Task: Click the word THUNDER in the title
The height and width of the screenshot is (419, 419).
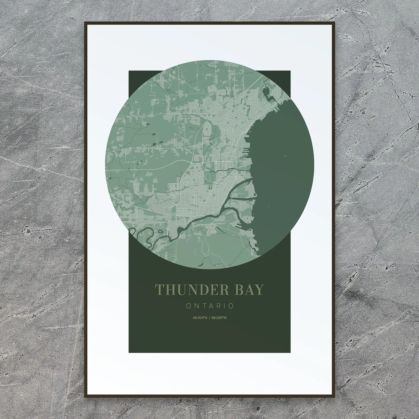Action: (x=192, y=290)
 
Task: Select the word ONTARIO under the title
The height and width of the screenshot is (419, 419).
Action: (x=210, y=306)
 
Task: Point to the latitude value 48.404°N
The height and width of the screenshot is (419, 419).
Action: (x=200, y=318)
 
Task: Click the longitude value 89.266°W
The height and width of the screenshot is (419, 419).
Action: (x=219, y=318)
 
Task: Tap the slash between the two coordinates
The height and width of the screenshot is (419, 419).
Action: (x=209, y=318)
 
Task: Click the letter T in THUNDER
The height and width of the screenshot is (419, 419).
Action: (x=159, y=290)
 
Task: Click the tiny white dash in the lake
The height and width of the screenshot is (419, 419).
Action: (x=285, y=156)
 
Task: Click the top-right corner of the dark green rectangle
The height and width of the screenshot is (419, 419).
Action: (x=290, y=71)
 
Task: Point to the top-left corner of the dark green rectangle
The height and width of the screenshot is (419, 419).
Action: (x=129, y=71)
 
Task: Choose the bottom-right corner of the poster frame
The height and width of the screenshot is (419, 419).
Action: (x=334, y=397)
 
